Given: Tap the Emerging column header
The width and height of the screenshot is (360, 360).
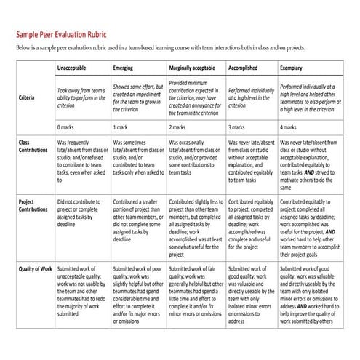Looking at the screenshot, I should pyautogui.click(x=124, y=68).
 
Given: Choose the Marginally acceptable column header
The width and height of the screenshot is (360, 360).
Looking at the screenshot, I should pyautogui.click(x=191, y=68).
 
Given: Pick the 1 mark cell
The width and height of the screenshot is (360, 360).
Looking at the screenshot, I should pyautogui.click(x=121, y=127).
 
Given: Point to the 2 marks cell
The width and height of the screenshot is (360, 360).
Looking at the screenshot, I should pyautogui.click(x=179, y=127).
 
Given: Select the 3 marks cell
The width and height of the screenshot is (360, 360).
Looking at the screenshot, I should pyautogui.click(x=238, y=127).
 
